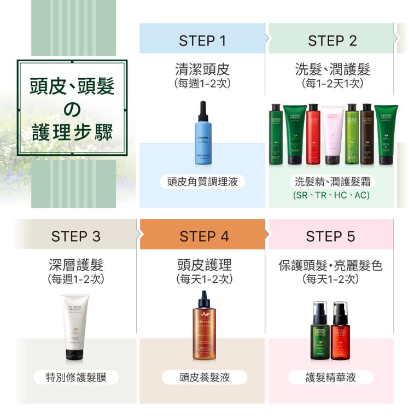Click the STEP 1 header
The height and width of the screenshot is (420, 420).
[202, 40]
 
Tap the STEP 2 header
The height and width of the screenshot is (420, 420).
[332, 40]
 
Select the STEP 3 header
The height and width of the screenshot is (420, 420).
[76, 236]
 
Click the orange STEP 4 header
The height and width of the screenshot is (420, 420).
[204, 236]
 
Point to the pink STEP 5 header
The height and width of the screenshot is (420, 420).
[330, 236]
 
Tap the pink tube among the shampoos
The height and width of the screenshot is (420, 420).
[332, 135]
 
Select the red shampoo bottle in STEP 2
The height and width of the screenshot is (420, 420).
[313, 135]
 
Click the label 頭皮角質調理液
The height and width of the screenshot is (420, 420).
[202, 182]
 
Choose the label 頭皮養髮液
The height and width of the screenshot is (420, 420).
[205, 377]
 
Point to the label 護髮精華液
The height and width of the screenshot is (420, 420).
[330, 377]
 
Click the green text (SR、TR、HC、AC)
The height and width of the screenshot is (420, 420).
[331, 195]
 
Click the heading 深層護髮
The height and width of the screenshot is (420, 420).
[76, 265]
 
